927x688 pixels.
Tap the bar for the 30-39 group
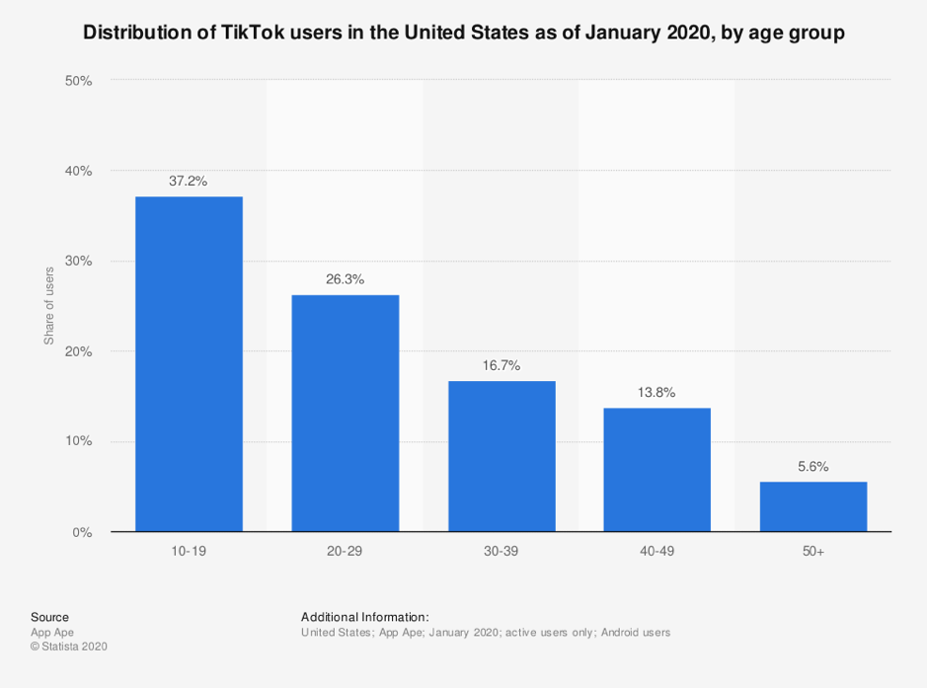(502, 456)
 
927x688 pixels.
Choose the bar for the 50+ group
(813, 506)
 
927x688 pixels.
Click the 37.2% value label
(189, 181)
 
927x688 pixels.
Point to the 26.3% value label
(345, 279)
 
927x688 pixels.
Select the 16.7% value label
(502, 365)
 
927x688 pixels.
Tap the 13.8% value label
(657, 392)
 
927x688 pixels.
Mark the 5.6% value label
(813, 466)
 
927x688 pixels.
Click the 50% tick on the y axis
(78, 80)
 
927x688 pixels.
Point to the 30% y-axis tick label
(78, 262)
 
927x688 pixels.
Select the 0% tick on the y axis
(82, 532)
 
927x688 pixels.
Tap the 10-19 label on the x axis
(189, 551)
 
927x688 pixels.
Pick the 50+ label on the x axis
(813, 551)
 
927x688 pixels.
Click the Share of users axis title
(48, 306)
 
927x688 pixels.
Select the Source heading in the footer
(49, 617)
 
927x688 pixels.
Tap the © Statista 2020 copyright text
(68, 647)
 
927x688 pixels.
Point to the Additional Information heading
(364, 617)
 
